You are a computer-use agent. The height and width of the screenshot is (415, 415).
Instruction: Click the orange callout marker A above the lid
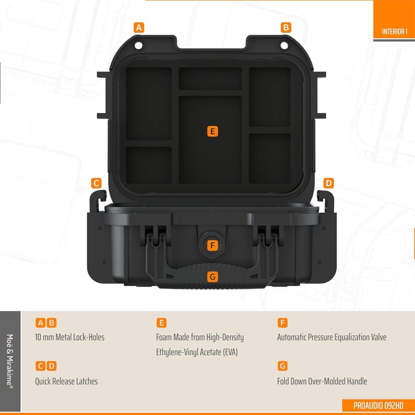click(139, 27)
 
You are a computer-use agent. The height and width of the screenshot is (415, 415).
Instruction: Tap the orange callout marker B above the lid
click(286, 27)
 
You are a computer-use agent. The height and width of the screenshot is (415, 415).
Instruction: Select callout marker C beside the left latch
click(96, 183)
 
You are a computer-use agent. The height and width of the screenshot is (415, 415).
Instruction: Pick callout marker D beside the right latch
click(328, 183)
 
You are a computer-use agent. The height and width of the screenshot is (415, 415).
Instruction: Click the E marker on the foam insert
click(213, 131)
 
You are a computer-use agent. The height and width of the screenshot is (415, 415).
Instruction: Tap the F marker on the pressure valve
click(213, 245)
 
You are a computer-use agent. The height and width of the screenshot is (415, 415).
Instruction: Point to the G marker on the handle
click(213, 277)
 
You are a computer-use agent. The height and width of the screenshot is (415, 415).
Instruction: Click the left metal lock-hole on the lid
click(139, 45)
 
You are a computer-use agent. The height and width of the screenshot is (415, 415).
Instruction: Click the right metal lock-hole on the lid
click(284, 46)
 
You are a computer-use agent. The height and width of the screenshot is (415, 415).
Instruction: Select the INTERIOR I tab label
click(394, 32)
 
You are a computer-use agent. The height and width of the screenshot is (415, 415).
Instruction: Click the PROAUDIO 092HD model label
click(378, 406)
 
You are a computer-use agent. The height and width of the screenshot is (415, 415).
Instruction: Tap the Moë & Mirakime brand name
click(10, 361)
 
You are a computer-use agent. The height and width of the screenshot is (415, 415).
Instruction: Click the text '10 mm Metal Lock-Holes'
click(70, 337)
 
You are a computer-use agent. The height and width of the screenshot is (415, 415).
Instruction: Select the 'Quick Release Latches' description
click(66, 381)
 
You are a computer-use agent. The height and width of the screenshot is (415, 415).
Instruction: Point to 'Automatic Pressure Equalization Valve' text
click(331, 337)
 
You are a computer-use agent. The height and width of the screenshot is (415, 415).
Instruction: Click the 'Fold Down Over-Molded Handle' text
click(322, 381)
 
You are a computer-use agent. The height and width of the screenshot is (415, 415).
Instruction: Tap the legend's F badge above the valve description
click(282, 323)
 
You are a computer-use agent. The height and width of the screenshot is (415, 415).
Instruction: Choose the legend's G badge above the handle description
click(282, 366)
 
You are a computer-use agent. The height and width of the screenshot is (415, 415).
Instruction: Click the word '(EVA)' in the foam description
click(230, 352)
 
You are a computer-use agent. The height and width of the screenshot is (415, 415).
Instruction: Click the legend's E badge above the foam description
click(161, 323)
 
